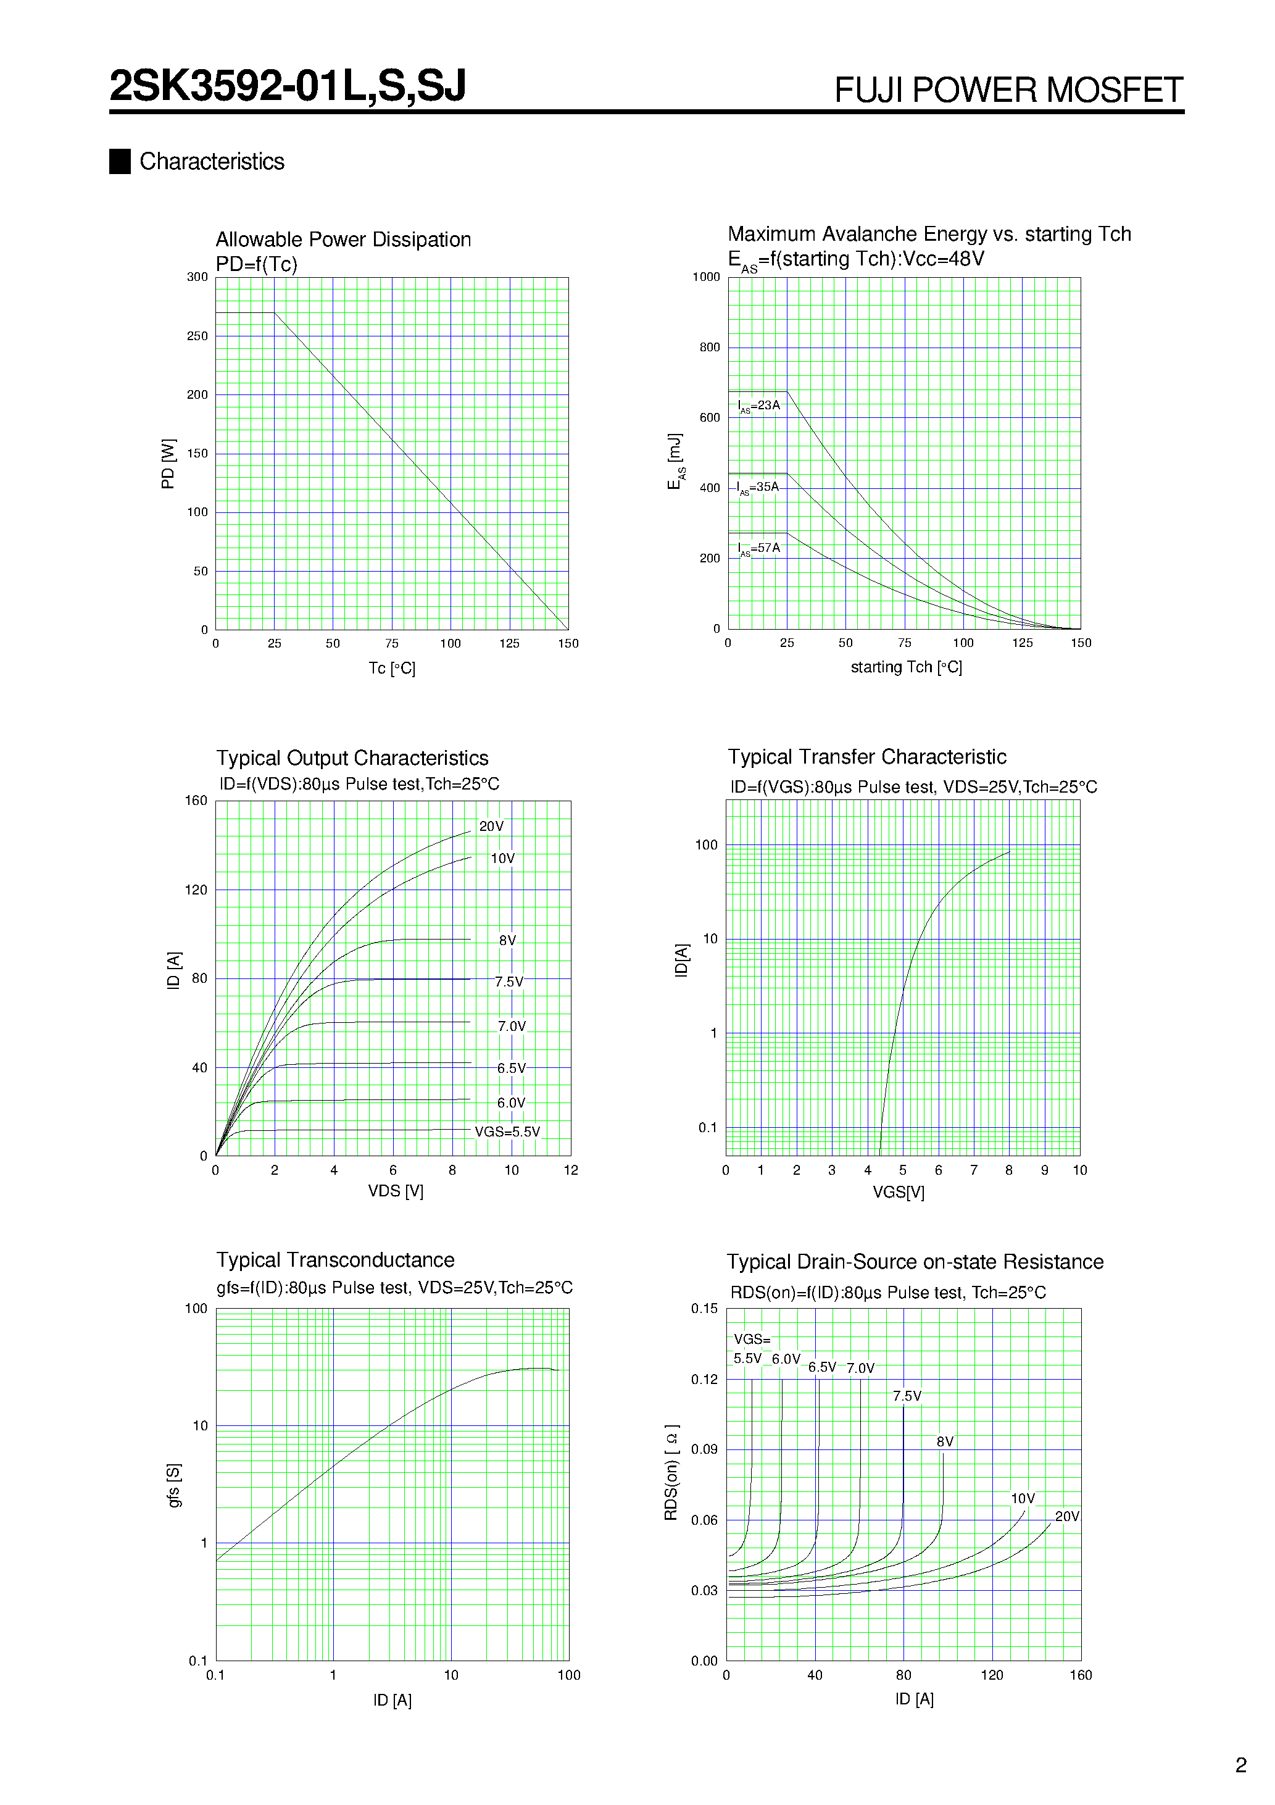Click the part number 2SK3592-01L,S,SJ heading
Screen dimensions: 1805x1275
tap(288, 86)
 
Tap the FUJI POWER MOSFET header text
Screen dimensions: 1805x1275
tap(1008, 90)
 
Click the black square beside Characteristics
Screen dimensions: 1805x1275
tap(120, 161)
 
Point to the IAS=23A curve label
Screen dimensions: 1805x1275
tap(758, 406)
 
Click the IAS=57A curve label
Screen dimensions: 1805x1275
tap(758, 548)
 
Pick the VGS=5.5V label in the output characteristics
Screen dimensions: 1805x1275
tap(507, 1132)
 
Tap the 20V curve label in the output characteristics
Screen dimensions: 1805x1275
tap(491, 826)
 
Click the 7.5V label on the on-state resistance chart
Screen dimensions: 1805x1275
tap(907, 1396)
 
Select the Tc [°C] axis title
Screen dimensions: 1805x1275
tap(391, 668)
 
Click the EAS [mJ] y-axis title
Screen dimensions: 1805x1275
tap(675, 462)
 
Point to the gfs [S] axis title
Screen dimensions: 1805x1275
tap(173, 1485)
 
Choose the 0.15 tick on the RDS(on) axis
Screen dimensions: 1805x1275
tap(704, 1308)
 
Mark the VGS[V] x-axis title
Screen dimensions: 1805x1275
tap(899, 1192)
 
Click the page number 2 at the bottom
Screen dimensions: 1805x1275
tap(1240, 1765)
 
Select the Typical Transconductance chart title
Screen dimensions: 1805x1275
tap(335, 1260)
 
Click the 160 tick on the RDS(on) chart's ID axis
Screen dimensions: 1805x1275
tap(1080, 1675)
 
